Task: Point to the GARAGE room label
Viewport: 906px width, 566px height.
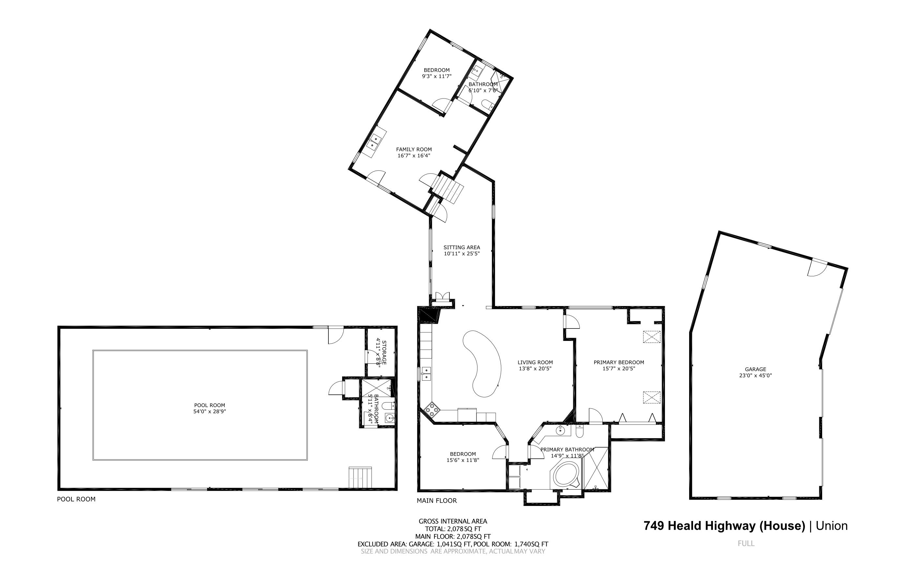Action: click(755, 369)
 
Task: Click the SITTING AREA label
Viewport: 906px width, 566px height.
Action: click(461, 247)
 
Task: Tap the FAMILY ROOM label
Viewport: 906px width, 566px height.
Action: click(414, 149)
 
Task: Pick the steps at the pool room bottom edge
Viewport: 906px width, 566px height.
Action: click(360, 477)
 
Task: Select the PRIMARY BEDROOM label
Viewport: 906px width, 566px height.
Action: click(619, 362)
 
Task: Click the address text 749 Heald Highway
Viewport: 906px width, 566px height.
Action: click(724, 526)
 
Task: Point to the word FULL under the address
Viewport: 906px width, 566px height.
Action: click(746, 543)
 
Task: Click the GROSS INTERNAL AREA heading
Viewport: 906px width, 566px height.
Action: click(453, 521)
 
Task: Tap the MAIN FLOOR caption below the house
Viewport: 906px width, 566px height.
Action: click(437, 500)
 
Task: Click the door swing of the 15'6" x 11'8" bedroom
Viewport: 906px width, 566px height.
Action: click(500, 452)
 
